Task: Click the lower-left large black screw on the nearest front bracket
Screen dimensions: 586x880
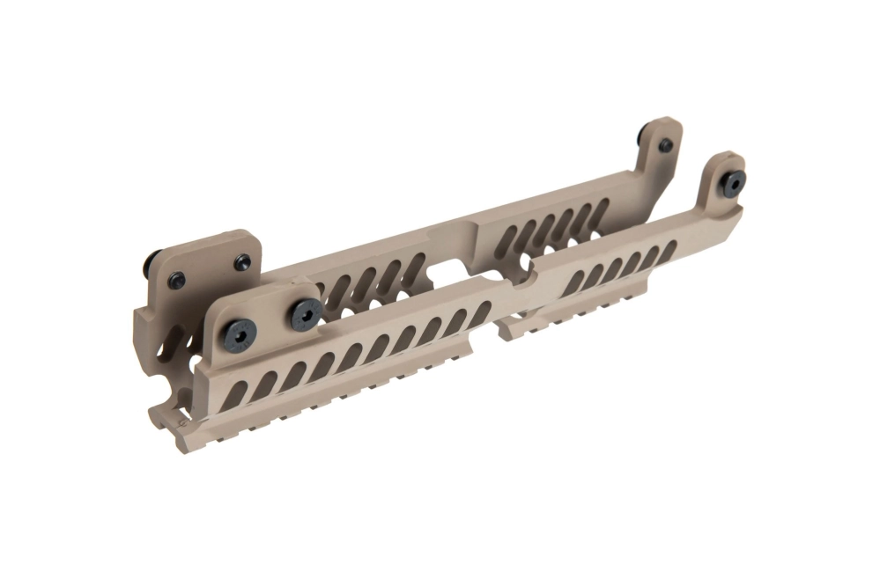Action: click(239, 332)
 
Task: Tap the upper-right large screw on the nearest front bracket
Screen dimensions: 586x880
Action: click(306, 311)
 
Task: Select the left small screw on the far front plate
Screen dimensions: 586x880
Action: click(177, 280)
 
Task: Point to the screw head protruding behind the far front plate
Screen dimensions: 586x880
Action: click(151, 260)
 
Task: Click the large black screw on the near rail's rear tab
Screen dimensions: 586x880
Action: click(732, 181)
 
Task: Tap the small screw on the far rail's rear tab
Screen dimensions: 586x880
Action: click(665, 144)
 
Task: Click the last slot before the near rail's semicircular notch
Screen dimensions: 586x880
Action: click(481, 313)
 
